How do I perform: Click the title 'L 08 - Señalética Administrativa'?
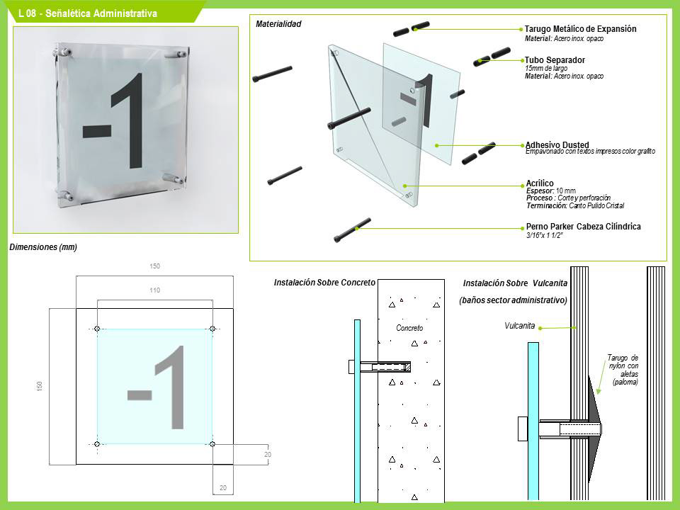88,13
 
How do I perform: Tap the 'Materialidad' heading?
278,24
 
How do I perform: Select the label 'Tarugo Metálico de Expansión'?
580,29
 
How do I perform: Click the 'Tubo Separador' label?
555,59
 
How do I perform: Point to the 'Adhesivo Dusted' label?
557,144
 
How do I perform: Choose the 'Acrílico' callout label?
540,183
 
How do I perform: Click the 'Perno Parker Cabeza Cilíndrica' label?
583,227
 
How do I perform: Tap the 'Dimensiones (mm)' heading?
43,247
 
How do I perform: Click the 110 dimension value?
155,290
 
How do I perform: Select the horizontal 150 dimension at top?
155,266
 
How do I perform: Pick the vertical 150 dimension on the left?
40,386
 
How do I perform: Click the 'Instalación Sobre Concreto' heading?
324,283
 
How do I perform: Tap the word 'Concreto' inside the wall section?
409,328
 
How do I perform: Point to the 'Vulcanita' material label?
519,326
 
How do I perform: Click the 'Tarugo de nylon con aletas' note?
623,370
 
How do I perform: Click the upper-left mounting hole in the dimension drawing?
97,329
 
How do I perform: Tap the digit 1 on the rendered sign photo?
129,120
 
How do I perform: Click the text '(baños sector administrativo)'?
513,300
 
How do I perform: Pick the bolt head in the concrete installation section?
352,367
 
